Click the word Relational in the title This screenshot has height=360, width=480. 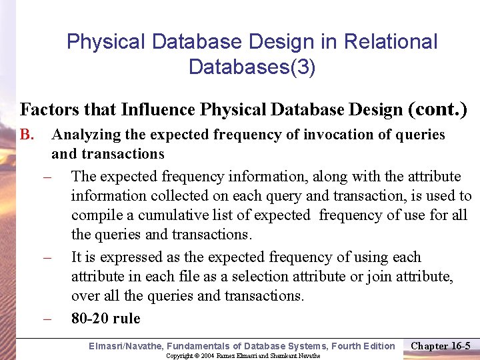(391, 42)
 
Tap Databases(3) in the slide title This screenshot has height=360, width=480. (252, 67)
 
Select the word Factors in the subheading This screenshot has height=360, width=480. (48, 109)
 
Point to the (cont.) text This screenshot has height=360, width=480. (437, 109)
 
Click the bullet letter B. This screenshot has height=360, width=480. (27, 135)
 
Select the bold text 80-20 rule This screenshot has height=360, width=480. (106, 319)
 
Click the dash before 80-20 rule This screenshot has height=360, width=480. (48, 319)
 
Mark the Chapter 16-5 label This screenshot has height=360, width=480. (441, 345)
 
